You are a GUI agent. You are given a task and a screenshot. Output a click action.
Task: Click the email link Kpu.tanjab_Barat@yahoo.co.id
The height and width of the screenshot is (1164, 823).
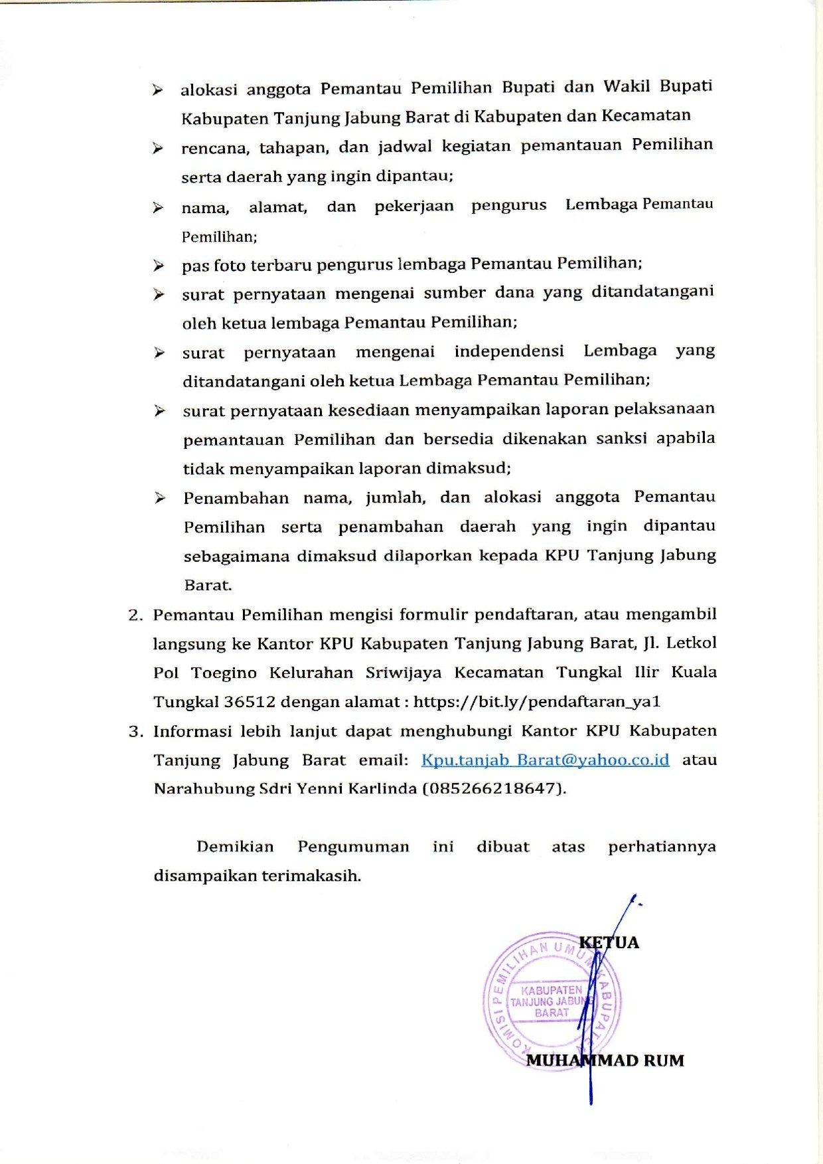545,760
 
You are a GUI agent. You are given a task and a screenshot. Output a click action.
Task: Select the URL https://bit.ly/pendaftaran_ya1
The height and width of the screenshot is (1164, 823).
537,701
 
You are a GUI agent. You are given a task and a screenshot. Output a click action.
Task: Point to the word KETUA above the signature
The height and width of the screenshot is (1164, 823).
609,942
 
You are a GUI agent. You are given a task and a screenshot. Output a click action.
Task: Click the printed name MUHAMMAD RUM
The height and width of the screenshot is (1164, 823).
605,1060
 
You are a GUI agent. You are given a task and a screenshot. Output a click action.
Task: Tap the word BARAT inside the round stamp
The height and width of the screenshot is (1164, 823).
552,1013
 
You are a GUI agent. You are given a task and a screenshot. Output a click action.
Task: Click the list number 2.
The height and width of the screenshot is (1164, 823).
135,615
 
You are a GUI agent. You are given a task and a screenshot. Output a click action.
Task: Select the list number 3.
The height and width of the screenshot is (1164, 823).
135,732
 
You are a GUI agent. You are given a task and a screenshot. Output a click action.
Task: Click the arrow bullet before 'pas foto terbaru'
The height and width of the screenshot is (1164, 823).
159,266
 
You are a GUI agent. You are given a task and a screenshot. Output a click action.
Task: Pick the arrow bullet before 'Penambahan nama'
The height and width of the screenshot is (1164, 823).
160,498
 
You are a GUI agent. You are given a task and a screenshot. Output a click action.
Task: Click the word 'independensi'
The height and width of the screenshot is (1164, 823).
509,351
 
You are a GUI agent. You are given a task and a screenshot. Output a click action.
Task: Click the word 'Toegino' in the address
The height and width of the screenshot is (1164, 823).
224,673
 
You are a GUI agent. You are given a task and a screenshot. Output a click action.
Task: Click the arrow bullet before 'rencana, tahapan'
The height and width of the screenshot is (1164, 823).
158,148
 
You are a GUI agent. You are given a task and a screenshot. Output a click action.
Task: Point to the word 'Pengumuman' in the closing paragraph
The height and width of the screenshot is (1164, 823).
353,847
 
